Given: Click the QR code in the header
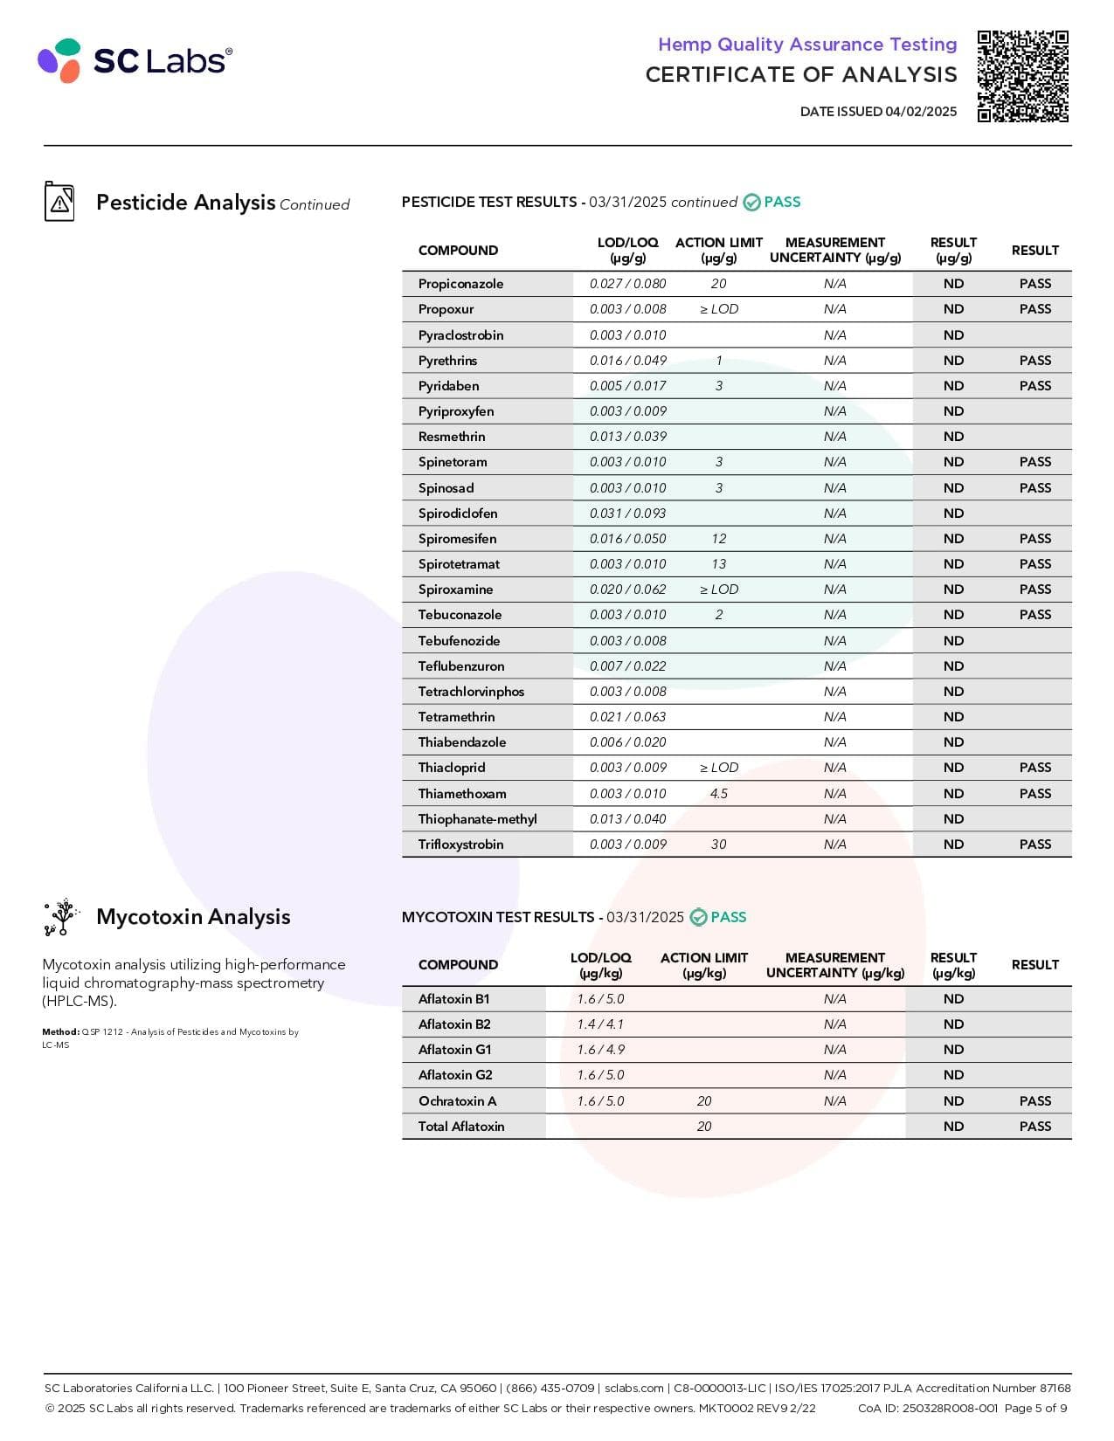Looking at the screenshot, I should [1022, 76].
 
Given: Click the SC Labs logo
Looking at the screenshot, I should [135, 60].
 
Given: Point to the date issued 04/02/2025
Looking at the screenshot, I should [878, 112].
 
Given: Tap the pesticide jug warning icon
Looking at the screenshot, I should [59, 202].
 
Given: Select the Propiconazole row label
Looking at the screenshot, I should [460, 284].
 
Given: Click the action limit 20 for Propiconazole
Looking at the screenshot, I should [718, 284].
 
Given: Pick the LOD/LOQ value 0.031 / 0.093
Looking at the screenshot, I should [627, 514].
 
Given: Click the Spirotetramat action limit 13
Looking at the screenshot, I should [718, 564].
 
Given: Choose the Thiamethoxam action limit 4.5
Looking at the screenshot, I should [718, 794].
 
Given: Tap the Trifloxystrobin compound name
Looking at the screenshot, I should [460, 845].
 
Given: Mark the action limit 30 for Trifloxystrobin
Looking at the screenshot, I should [718, 845].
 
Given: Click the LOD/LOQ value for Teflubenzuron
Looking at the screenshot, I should [627, 666].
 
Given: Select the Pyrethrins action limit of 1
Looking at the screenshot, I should [718, 361].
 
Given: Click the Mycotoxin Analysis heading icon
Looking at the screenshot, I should [61, 917].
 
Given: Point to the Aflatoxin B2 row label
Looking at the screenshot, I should [454, 1024].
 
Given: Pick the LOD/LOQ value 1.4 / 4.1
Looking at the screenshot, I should [600, 1024].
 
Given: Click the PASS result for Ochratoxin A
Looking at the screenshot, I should [1034, 1101].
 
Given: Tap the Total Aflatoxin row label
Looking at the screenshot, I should [460, 1127].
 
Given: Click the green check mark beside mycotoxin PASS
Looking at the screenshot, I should [698, 917].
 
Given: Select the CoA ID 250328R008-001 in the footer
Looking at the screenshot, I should [927, 1409].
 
